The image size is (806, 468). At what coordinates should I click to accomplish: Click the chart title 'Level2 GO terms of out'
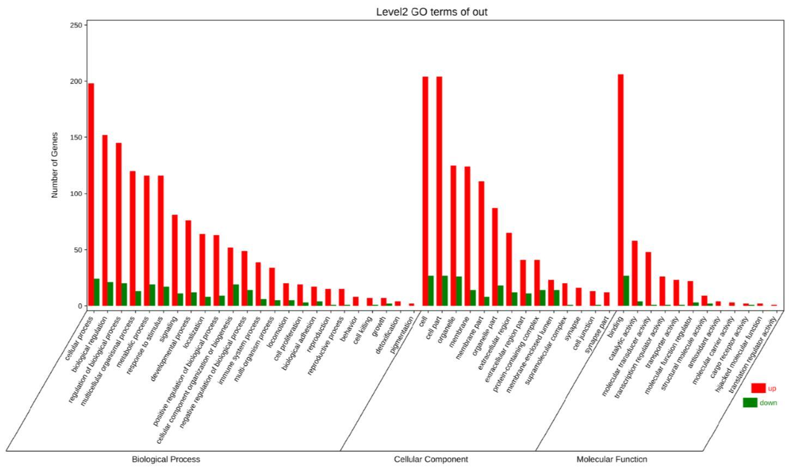(x=432, y=11)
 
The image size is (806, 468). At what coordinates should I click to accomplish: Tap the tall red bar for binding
(x=621, y=190)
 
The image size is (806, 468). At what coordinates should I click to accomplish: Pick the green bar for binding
(x=626, y=291)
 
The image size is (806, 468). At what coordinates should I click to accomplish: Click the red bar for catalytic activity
(x=634, y=273)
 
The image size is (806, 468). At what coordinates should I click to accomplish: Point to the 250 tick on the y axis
(x=76, y=25)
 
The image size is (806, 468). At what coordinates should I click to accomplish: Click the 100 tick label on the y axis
(x=76, y=193)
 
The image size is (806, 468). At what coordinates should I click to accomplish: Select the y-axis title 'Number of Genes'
(x=54, y=165)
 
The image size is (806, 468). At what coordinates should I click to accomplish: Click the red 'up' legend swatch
(x=758, y=388)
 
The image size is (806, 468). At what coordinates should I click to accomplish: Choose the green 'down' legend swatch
(x=750, y=403)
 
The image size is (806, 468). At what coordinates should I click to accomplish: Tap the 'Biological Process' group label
(x=166, y=459)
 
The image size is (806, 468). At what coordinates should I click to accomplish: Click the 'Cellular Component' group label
(x=431, y=459)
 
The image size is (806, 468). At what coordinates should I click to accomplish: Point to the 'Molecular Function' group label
(x=611, y=459)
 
